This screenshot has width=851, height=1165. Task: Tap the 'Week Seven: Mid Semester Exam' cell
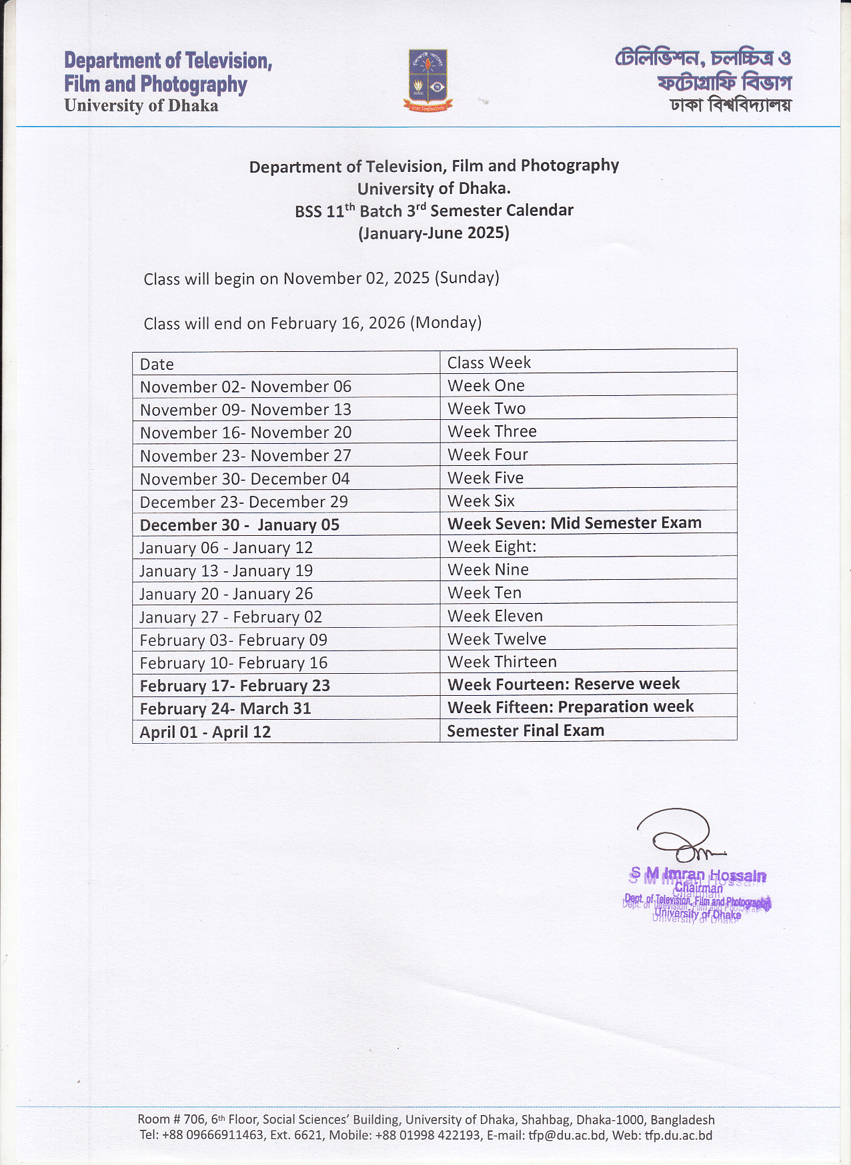click(x=574, y=523)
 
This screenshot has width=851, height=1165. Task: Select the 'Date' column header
click(x=157, y=365)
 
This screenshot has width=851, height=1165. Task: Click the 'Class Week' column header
click(x=489, y=363)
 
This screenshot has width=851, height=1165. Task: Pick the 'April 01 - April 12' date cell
click(x=205, y=732)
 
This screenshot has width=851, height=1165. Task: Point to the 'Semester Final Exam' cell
click(x=526, y=730)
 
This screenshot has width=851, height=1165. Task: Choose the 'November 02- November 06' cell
click(x=245, y=387)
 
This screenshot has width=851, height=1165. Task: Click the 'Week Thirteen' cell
click(x=502, y=662)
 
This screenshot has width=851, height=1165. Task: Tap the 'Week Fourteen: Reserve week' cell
click(x=564, y=684)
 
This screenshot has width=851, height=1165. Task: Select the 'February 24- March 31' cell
click(x=225, y=708)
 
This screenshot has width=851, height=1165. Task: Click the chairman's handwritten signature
click(x=677, y=836)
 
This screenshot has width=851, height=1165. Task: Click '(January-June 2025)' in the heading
click(x=434, y=233)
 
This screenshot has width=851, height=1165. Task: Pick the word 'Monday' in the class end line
click(x=446, y=323)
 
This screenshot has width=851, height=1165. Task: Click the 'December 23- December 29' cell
click(x=244, y=502)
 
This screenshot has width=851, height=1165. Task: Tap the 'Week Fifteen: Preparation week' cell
click(x=570, y=706)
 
